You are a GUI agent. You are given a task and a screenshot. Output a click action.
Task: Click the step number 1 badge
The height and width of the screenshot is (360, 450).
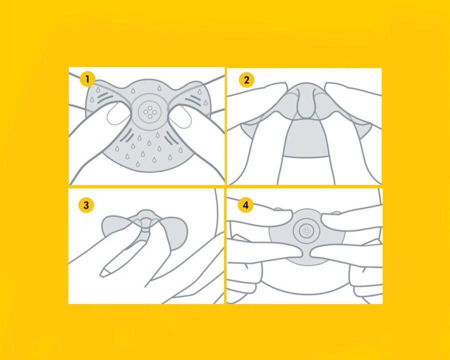(87, 79)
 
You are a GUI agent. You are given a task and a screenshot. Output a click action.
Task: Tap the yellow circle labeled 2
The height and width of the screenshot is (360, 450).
(246, 80)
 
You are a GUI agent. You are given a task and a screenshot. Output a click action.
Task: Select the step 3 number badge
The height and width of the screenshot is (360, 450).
(86, 205)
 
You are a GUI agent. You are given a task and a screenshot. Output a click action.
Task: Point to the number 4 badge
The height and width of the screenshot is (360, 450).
(245, 205)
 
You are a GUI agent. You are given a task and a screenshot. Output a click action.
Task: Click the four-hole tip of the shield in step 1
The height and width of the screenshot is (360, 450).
(149, 111)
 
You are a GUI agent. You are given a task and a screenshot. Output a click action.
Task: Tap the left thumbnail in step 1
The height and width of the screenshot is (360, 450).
(117, 113)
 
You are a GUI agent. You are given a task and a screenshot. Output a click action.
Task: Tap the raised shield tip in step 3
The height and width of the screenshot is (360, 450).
(146, 219)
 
